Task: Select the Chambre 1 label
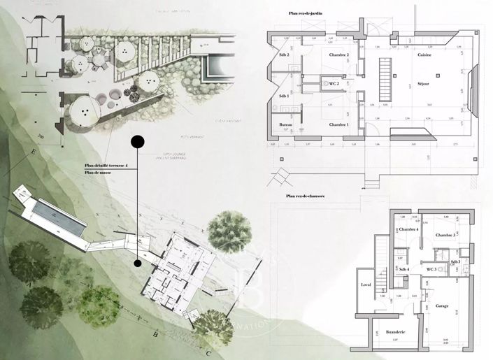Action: pos(338,124)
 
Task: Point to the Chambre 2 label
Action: pos(338,55)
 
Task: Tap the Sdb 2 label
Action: pos(284,55)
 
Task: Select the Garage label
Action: pos(441,306)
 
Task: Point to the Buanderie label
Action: pos(396,332)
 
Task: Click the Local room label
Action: pos(365,285)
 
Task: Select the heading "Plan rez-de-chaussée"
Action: pos(305,197)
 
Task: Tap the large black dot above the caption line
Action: pos(138,142)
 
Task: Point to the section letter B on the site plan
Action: pos(163,334)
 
